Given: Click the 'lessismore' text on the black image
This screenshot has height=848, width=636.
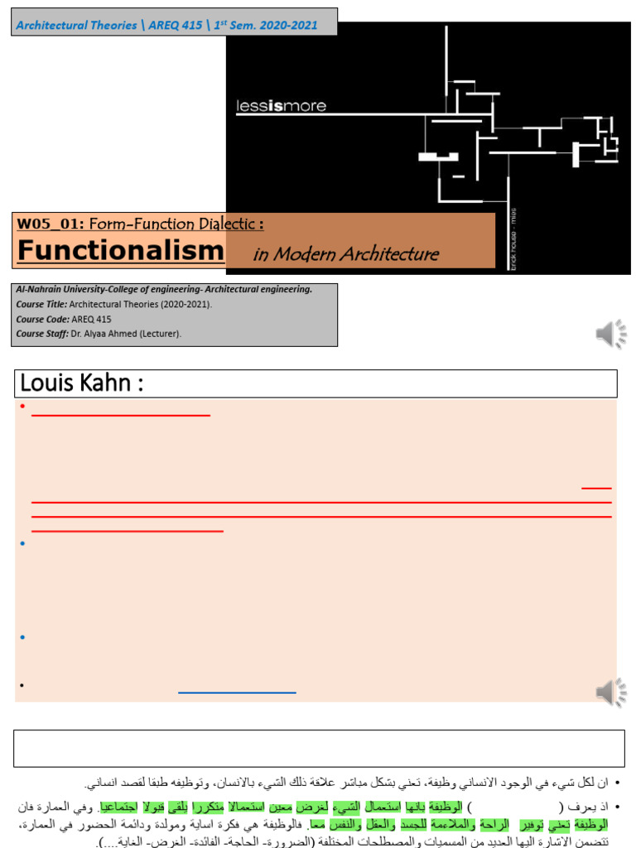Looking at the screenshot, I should pyautogui.click(x=281, y=105).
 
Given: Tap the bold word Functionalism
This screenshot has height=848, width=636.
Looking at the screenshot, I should pyautogui.click(x=121, y=250).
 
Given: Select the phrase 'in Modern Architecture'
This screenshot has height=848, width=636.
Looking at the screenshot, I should pyautogui.click(x=345, y=254).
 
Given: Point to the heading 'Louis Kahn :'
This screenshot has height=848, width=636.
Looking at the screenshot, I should pyautogui.click(x=81, y=383).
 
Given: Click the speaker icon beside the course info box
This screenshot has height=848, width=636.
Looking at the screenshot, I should pyautogui.click(x=611, y=334).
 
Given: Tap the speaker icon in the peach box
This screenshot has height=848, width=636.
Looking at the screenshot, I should pyautogui.click(x=611, y=692).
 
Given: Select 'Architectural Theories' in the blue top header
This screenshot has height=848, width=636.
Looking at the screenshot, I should pyautogui.click(x=76, y=25).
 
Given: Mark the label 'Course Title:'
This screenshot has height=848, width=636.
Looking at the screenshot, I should pyautogui.click(x=42, y=304).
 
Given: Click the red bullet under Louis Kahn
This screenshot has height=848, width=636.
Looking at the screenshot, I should pyautogui.click(x=22, y=406).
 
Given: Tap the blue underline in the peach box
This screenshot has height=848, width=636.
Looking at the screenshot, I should pyautogui.click(x=237, y=691).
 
